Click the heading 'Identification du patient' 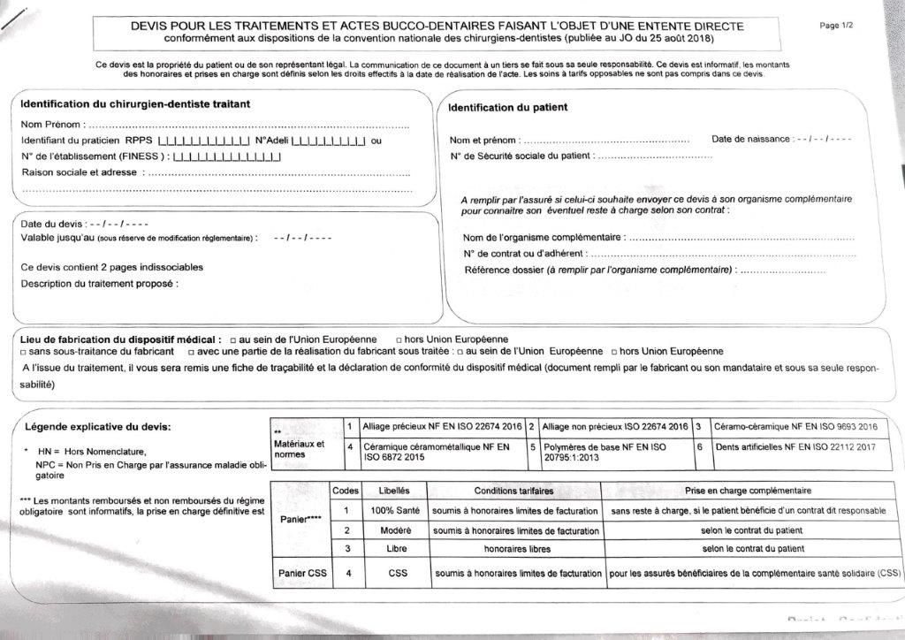507,108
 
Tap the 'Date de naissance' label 749,140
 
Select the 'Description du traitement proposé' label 98,284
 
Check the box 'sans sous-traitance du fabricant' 23,352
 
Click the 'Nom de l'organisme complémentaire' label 543,238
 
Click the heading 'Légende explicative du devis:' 97,427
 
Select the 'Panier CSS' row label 302,574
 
